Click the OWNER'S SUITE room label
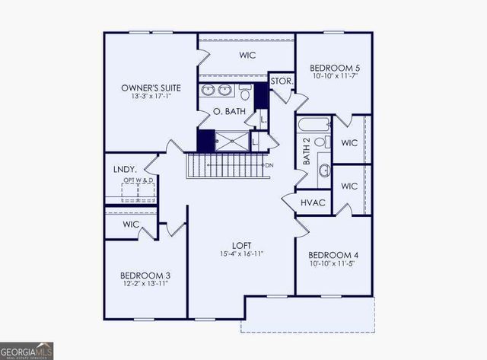tap(151, 88)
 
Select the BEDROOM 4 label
tap(333, 255)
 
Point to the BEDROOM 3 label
tap(145, 275)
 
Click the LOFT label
tap(243, 245)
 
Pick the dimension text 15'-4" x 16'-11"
tap(243, 254)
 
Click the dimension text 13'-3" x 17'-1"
tap(151, 97)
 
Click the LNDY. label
tap(124, 169)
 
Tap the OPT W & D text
tap(138, 180)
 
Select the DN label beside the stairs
tap(269, 165)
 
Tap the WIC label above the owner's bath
tap(247, 55)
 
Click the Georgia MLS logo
tap(27, 350)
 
